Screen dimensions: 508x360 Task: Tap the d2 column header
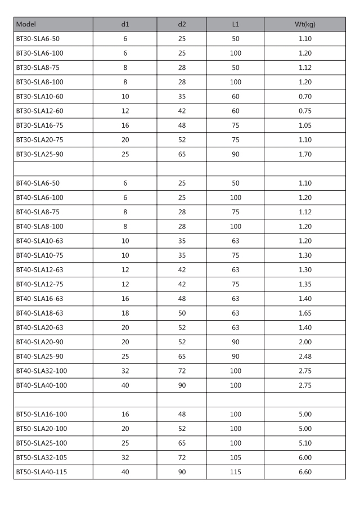182,24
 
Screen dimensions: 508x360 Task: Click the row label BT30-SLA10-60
39,97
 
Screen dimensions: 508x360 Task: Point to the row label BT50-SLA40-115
41,472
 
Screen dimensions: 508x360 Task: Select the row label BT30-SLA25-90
39,154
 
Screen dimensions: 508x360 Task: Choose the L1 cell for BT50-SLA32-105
236,457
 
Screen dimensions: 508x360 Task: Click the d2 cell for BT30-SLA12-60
182,111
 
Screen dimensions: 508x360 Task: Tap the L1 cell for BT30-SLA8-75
236,68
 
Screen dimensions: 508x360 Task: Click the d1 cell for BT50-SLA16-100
125,414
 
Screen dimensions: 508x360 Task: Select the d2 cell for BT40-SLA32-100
182,371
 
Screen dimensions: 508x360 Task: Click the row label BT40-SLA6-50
37,183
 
